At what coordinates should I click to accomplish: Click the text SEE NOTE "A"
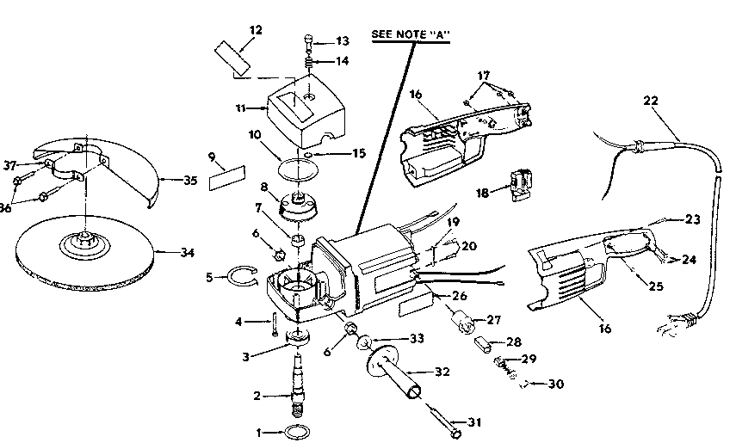pyautogui.click(x=411, y=35)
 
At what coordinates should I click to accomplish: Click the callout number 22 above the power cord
pyautogui.click(x=651, y=101)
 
